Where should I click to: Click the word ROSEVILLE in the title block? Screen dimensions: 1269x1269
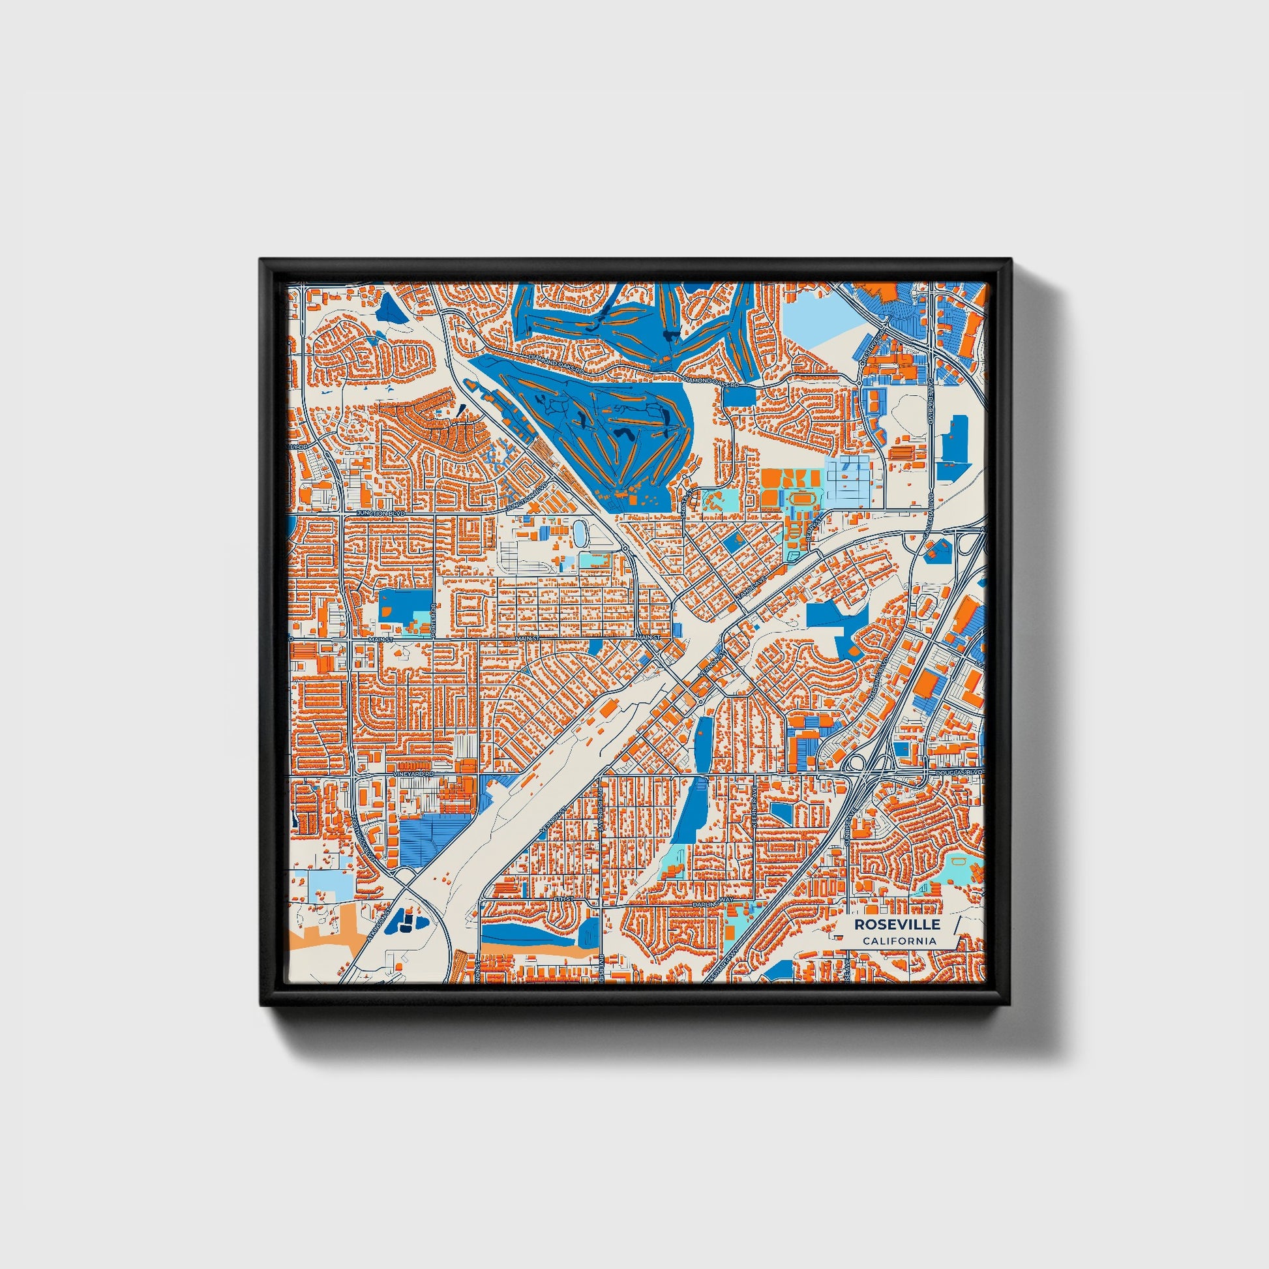tap(897, 925)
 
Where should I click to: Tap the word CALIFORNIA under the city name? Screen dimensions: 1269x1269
tap(899, 941)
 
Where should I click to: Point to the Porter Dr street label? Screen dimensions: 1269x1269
tap(434, 620)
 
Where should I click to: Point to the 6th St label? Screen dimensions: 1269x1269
tap(563, 898)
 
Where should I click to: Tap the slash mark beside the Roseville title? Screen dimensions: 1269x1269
tap(957, 924)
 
